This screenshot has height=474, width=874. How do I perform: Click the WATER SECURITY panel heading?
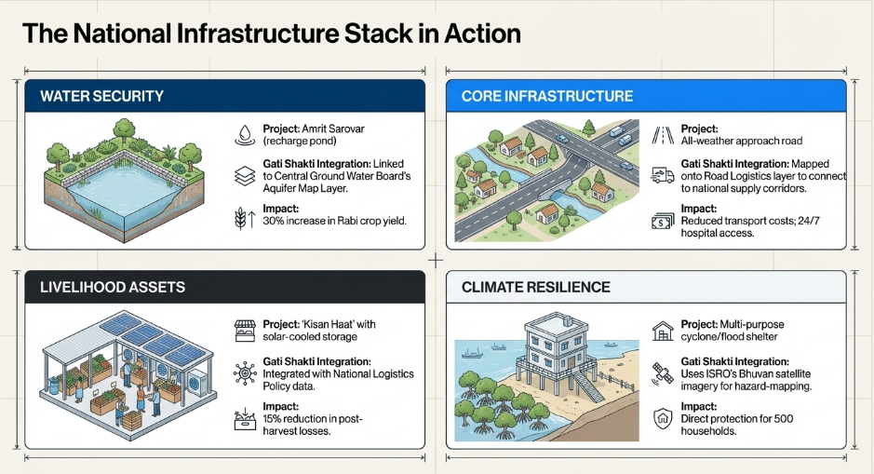(x=102, y=96)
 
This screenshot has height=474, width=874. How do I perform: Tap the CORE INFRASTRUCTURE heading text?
(x=546, y=96)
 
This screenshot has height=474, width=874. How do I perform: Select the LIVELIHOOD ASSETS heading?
(x=112, y=287)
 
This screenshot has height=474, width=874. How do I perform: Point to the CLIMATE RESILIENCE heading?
(x=535, y=287)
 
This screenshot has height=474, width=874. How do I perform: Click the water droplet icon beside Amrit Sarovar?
(x=245, y=135)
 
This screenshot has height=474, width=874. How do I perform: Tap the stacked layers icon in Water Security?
(x=245, y=176)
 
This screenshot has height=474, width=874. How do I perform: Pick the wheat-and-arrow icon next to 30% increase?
(x=245, y=218)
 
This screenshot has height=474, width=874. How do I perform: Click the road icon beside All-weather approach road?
(x=663, y=135)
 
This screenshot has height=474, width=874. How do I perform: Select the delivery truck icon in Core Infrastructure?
(x=663, y=176)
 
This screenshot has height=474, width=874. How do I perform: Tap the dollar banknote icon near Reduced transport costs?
(x=663, y=221)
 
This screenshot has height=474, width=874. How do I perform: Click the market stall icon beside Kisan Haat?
(x=245, y=331)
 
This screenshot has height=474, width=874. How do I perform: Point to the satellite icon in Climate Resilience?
(x=663, y=373)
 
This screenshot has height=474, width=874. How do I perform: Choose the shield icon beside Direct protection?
(x=663, y=418)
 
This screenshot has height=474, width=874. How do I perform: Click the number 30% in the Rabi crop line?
(x=273, y=221)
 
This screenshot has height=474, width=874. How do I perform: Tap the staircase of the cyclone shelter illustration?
(x=587, y=386)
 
